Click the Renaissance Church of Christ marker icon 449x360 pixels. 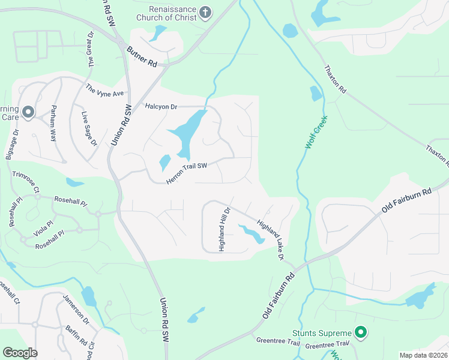[205, 13]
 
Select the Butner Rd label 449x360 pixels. [141, 56]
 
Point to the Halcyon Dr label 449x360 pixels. [161, 106]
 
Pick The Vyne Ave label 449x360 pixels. [104, 90]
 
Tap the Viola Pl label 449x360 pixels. [46, 230]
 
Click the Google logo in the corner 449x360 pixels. [20, 353]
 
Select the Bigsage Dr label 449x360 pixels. [13, 144]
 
